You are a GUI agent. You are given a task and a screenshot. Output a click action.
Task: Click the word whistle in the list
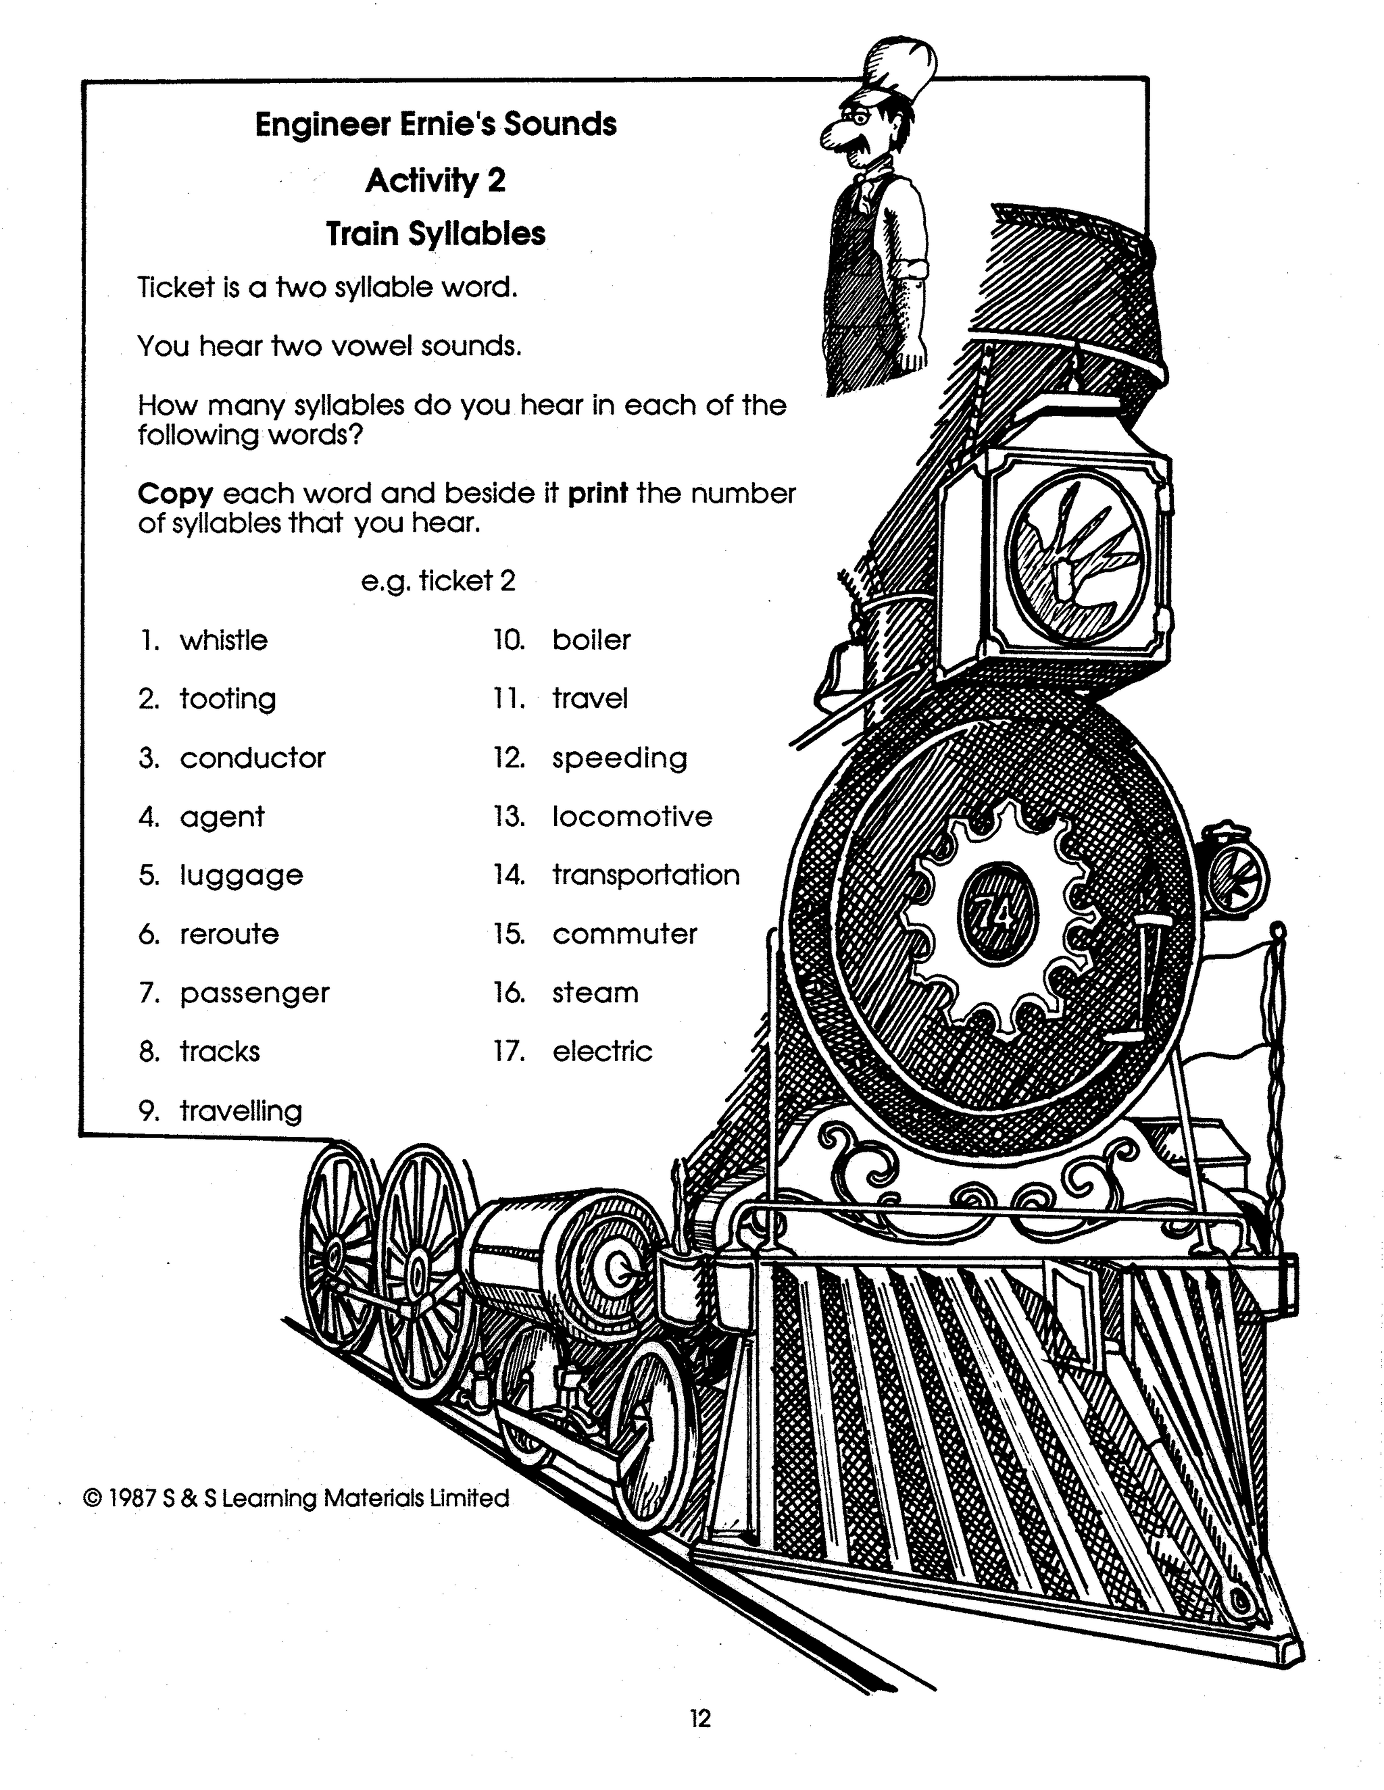pos(223,640)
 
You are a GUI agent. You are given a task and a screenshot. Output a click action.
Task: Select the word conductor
pos(253,758)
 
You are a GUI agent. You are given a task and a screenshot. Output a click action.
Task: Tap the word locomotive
pos(632,817)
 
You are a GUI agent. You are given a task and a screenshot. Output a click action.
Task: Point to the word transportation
pos(646,875)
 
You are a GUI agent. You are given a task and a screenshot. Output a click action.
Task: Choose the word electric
pos(602,1052)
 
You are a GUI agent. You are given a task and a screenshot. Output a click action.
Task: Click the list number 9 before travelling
pos(149,1110)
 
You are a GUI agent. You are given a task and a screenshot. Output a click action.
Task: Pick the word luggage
pos(241,876)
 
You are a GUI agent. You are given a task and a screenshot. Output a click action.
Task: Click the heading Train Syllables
pos(435,234)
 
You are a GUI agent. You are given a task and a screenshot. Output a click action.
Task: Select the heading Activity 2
pos(435,180)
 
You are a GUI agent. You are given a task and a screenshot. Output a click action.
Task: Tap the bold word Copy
pos(176,493)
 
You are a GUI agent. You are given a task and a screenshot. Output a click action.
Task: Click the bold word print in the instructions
pos(597,492)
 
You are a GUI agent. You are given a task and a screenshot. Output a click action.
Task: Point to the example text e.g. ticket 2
pos(438,581)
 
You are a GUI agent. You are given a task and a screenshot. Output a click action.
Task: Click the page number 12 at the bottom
pos(700,1718)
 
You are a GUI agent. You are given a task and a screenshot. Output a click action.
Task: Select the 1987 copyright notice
pos(296,1498)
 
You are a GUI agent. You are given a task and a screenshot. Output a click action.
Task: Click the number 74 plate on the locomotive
pos(998,912)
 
